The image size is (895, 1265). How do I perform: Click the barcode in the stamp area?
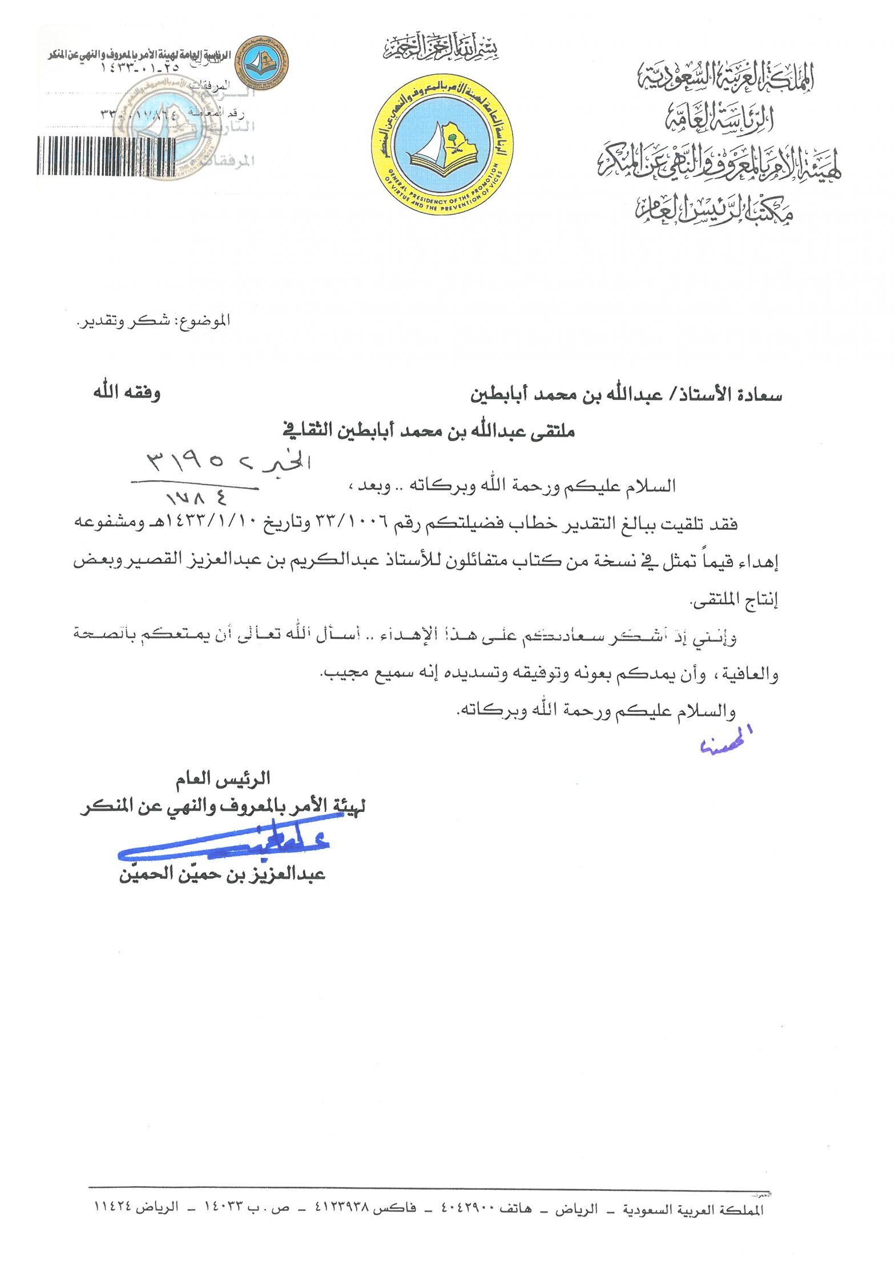[x=107, y=155]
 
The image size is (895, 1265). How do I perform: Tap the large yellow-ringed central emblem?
[x=442, y=145]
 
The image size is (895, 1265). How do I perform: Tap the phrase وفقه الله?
[x=127, y=393]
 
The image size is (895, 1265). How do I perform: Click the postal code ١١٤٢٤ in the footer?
[x=113, y=1208]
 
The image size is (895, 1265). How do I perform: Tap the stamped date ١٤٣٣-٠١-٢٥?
[x=140, y=67]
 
